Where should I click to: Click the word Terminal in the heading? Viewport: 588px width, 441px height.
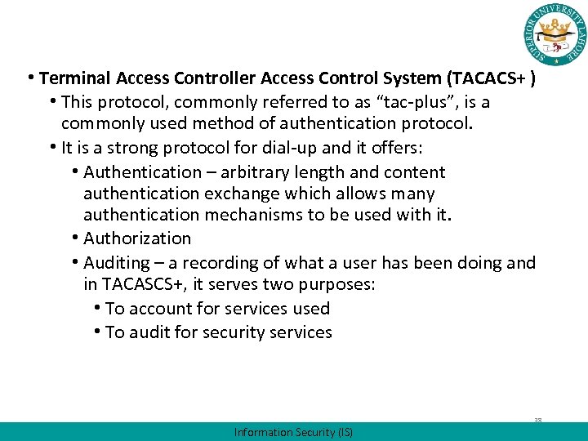tap(74, 79)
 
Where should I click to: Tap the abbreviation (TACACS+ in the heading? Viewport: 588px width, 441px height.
tap(485, 79)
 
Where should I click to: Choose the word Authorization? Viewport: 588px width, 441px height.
tap(136, 238)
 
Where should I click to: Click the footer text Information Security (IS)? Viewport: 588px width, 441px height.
tap(293, 432)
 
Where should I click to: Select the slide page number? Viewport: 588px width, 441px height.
tap(538, 421)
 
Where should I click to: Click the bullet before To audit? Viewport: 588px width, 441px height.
tap(97, 332)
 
